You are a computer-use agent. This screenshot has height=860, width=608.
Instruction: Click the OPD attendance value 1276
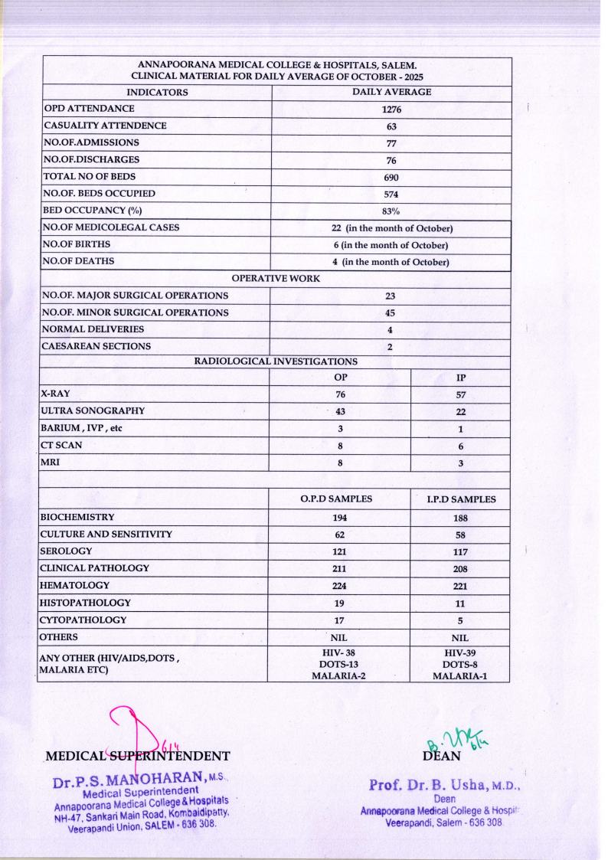click(x=391, y=109)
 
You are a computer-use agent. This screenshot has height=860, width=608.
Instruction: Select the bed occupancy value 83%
click(x=391, y=211)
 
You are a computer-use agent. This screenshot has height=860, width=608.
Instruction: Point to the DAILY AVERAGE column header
click(x=391, y=92)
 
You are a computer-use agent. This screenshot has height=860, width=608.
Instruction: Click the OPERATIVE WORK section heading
click(x=276, y=279)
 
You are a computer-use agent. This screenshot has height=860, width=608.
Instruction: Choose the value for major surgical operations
click(x=391, y=296)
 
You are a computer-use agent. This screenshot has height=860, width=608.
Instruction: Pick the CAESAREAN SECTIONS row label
click(x=95, y=346)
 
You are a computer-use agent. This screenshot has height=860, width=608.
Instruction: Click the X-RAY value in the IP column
click(x=461, y=396)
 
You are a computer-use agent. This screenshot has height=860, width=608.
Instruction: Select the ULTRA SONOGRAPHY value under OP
click(x=340, y=412)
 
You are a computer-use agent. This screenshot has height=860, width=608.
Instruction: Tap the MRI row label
click(x=52, y=463)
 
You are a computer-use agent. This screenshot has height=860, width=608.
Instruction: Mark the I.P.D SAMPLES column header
click(x=461, y=499)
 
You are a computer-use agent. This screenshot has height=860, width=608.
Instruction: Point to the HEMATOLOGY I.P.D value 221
click(x=461, y=586)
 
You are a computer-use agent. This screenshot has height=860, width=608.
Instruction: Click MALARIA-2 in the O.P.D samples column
click(x=339, y=675)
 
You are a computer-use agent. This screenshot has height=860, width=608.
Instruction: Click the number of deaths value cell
click(x=391, y=262)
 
